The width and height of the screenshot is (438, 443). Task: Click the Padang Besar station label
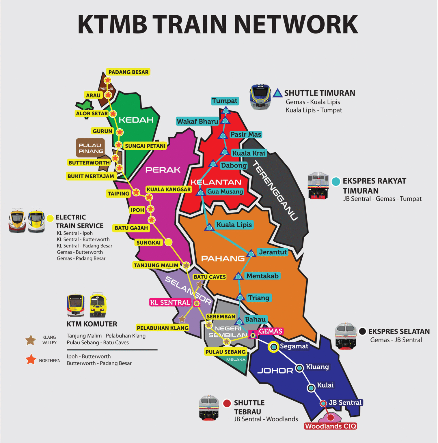128,72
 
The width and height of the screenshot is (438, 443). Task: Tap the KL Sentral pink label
170,302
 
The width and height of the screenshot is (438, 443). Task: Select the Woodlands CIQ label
331,426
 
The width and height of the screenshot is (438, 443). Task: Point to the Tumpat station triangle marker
226,110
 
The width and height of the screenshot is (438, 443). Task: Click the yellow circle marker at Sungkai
168,242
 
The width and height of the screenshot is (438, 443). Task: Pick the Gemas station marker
253,335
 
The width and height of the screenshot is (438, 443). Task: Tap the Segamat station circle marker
274,347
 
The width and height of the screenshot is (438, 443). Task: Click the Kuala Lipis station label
234,225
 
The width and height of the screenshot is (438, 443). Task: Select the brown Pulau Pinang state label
90,148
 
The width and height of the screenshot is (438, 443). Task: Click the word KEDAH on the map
136,120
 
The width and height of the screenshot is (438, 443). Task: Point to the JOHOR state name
275,371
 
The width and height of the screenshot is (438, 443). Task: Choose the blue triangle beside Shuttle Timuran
277,93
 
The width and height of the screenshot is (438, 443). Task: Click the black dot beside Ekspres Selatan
362,331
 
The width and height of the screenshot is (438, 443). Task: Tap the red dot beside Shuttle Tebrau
227,403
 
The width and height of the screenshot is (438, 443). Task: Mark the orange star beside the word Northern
31,359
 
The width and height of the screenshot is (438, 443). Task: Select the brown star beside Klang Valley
31,340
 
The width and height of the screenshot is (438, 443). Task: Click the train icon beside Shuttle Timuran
260,97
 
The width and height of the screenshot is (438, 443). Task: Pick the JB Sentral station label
345,403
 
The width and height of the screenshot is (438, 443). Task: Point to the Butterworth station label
89,163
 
